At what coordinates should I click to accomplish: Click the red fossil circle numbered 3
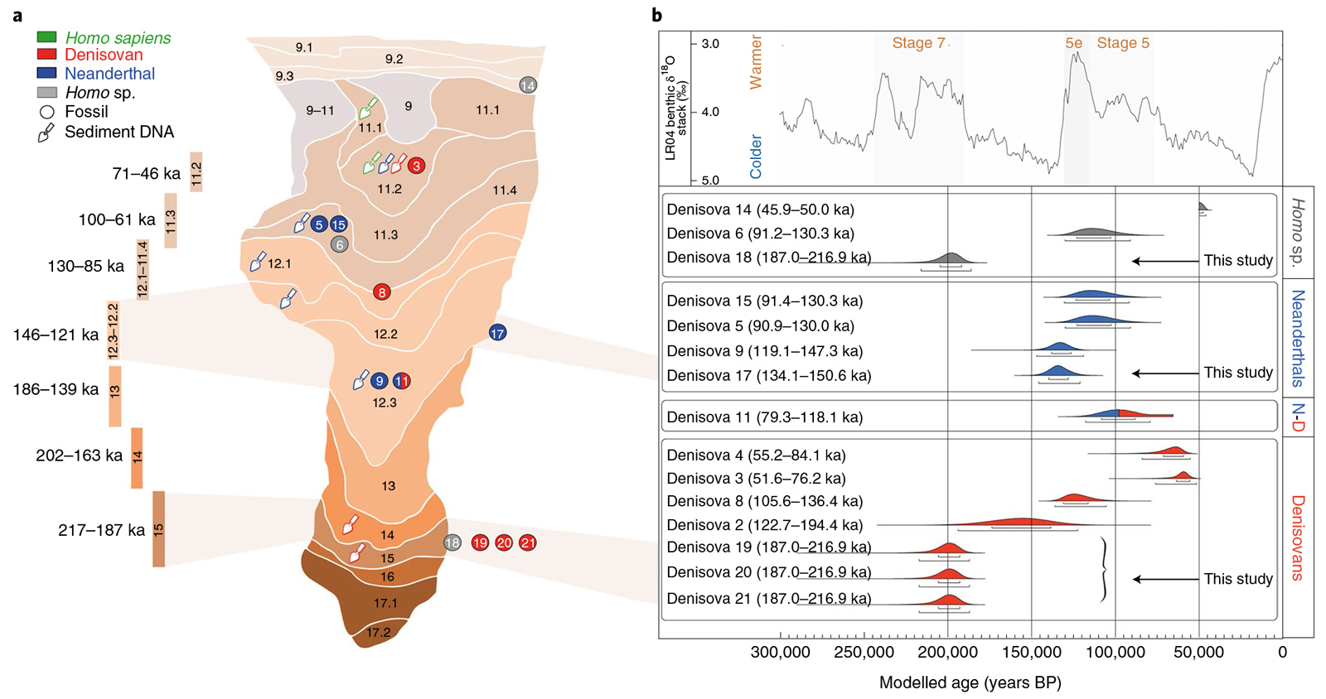416,166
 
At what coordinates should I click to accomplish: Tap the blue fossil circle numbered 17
497,333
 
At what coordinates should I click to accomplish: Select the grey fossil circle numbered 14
528,84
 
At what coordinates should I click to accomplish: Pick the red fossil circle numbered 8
381,292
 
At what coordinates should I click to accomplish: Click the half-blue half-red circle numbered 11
402,381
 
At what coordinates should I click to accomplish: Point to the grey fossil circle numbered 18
452,543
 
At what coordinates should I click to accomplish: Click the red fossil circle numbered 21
528,543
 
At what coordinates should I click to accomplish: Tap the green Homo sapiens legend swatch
46,37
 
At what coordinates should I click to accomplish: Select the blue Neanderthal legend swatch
46,73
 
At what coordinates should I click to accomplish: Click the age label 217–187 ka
101,530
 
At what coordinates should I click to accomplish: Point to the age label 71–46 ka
146,173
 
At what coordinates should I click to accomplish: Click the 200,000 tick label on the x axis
947,652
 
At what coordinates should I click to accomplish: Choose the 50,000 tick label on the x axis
1198,652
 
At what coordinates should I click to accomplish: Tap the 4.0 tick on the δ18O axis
710,112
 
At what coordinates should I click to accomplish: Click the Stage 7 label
918,43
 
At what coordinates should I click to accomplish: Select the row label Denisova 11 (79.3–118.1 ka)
764,417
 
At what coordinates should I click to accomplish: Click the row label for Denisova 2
764,525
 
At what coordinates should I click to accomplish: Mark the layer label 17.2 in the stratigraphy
378,633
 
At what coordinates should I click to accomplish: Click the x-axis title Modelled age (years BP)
970,682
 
